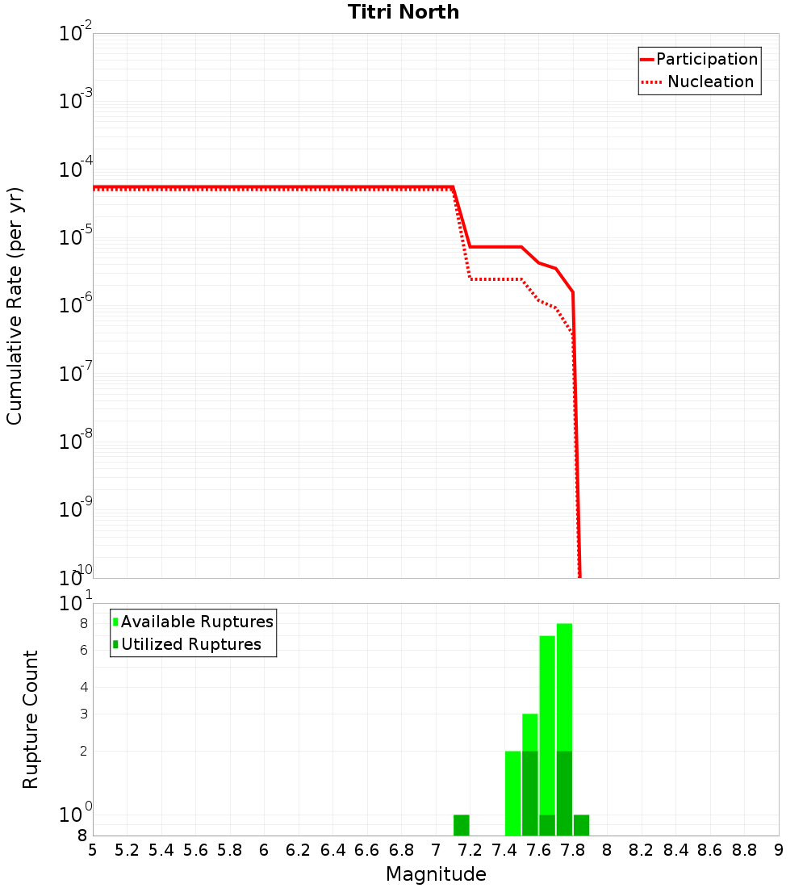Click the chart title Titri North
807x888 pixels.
403,12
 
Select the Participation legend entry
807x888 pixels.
707,59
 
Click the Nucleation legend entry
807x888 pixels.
710,82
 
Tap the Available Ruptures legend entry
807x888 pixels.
197,622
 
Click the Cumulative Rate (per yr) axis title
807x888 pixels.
15,305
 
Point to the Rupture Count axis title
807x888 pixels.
31,719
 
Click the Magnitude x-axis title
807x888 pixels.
436,874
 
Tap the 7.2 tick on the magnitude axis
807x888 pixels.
470,850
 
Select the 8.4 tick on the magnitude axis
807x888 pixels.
676,850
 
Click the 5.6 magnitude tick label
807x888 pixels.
196,850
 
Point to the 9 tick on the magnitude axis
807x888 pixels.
778,850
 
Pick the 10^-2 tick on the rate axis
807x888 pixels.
76,34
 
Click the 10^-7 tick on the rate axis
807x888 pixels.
76,374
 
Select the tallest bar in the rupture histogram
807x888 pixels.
564,729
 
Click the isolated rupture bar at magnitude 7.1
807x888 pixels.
462,825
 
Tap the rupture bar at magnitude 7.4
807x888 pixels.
512,793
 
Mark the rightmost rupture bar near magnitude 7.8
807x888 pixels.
581,825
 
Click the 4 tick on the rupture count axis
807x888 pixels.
83,688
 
